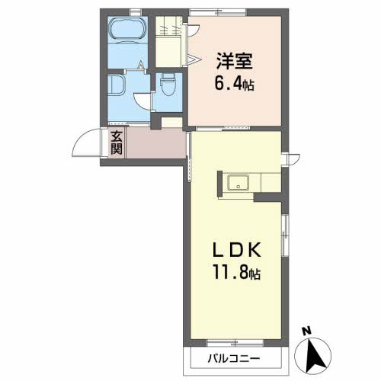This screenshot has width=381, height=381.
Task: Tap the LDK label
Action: pyautogui.click(x=238, y=249)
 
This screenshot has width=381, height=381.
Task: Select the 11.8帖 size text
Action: pyautogui.click(x=237, y=272)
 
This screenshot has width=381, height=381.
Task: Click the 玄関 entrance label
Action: pyautogui.click(x=117, y=142)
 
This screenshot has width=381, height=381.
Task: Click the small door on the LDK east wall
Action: pyautogui.click(x=290, y=158)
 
